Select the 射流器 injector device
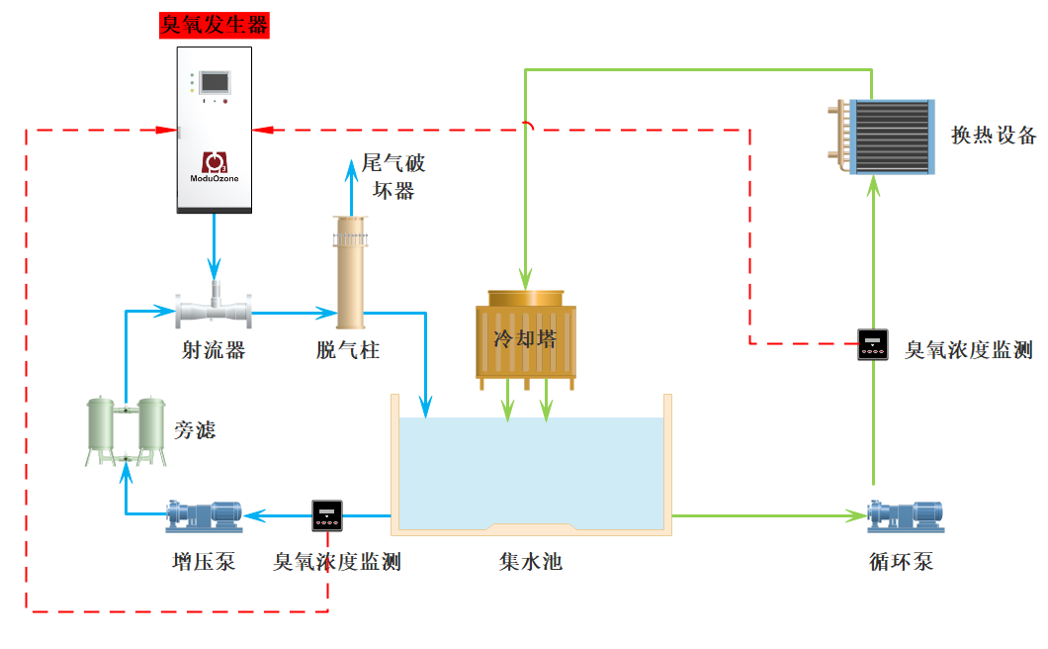pyautogui.click(x=214, y=311)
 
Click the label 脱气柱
pyautogui.click(x=347, y=350)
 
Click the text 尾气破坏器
pyautogui.click(x=393, y=176)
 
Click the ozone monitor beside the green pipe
pyautogui.click(x=873, y=344)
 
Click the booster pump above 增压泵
pyautogui.click(x=205, y=514)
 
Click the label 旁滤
pyautogui.click(x=195, y=430)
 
